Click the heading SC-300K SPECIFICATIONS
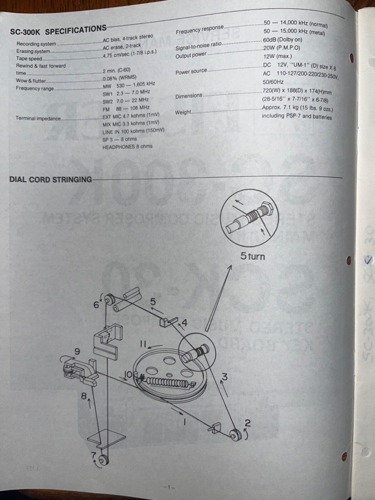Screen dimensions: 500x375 [58, 29]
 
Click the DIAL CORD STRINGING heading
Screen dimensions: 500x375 [50, 179]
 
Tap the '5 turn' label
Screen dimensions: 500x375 [252, 256]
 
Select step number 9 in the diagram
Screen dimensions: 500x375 [77, 351]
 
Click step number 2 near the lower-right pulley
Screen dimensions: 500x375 [247, 423]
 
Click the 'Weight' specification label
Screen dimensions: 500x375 [183, 112]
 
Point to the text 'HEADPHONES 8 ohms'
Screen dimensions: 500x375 [127, 146]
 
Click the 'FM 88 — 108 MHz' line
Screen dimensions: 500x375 [126, 107]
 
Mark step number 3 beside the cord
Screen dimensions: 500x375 [224, 377]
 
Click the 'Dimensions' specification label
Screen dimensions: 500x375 [189, 95]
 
